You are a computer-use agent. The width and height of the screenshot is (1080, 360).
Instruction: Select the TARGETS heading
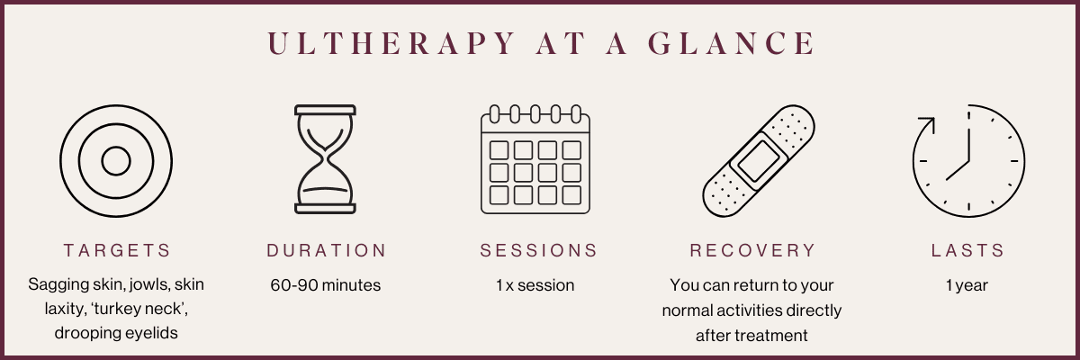(116, 250)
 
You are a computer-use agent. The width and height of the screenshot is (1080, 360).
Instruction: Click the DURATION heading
(326, 250)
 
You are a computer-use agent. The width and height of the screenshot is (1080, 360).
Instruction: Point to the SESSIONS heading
(538, 250)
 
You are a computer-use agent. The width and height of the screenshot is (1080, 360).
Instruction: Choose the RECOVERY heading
(752, 250)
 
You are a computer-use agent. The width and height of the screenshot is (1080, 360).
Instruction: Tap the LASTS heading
(967, 250)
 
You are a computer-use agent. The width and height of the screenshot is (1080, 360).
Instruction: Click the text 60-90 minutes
(326, 285)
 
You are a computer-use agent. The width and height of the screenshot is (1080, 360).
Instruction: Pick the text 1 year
(967, 285)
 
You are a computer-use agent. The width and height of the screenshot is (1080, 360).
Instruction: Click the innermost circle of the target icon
(116, 161)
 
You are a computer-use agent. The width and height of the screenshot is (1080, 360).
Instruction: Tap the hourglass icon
(326, 159)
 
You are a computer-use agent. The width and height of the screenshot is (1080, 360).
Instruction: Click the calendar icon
(535, 159)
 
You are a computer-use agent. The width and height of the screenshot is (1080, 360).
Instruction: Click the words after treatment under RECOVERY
(752, 336)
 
